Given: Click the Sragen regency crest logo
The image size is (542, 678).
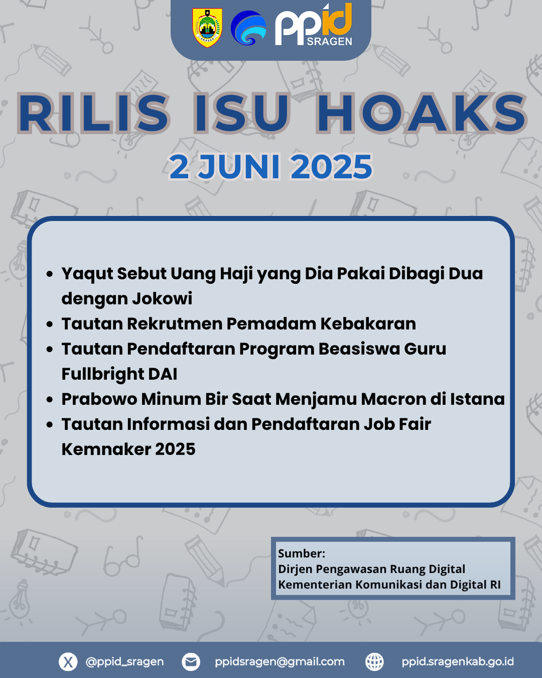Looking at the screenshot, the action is pyautogui.click(x=207, y=28).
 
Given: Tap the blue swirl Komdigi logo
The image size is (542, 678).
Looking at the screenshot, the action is pyautogui.click(x=248, y=28).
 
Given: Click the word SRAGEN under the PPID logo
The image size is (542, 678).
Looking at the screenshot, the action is pyautogui.click(x=329, y=42).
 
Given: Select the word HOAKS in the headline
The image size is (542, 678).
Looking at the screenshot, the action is pyautogui.click(x=422, y=113).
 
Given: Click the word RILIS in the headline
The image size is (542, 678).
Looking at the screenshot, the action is pyautogui.click(x=93, y=113).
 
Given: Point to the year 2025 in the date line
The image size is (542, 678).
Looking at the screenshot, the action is pyautogui.click(x=332, y=167).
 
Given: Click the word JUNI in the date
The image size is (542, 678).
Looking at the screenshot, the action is pyautogui.click(x=239, y=167).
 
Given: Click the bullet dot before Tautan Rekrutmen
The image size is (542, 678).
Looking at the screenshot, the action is pyautogui.click(x=50, y=324).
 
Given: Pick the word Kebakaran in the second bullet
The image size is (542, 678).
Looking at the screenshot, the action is pyautogui.click(x=368, y=323).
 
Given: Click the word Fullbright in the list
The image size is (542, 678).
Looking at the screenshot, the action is pyautogui.click(x=103, y=374).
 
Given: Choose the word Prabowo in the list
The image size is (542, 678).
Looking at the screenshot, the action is pyautogui.click(x=99, y=399).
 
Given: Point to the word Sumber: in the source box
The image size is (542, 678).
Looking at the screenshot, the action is pyautogui.click(x=302, y=553).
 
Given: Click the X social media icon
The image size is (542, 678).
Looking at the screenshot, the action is pyautogui.click(x=68, y=661).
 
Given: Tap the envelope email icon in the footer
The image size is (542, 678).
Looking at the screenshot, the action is pyautogui.click(x=191, y=661).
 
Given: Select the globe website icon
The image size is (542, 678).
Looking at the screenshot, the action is pyautogui.click(x=374, y=661).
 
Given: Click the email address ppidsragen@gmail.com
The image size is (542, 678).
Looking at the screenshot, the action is pyautogui.click(x=280, y=661).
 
